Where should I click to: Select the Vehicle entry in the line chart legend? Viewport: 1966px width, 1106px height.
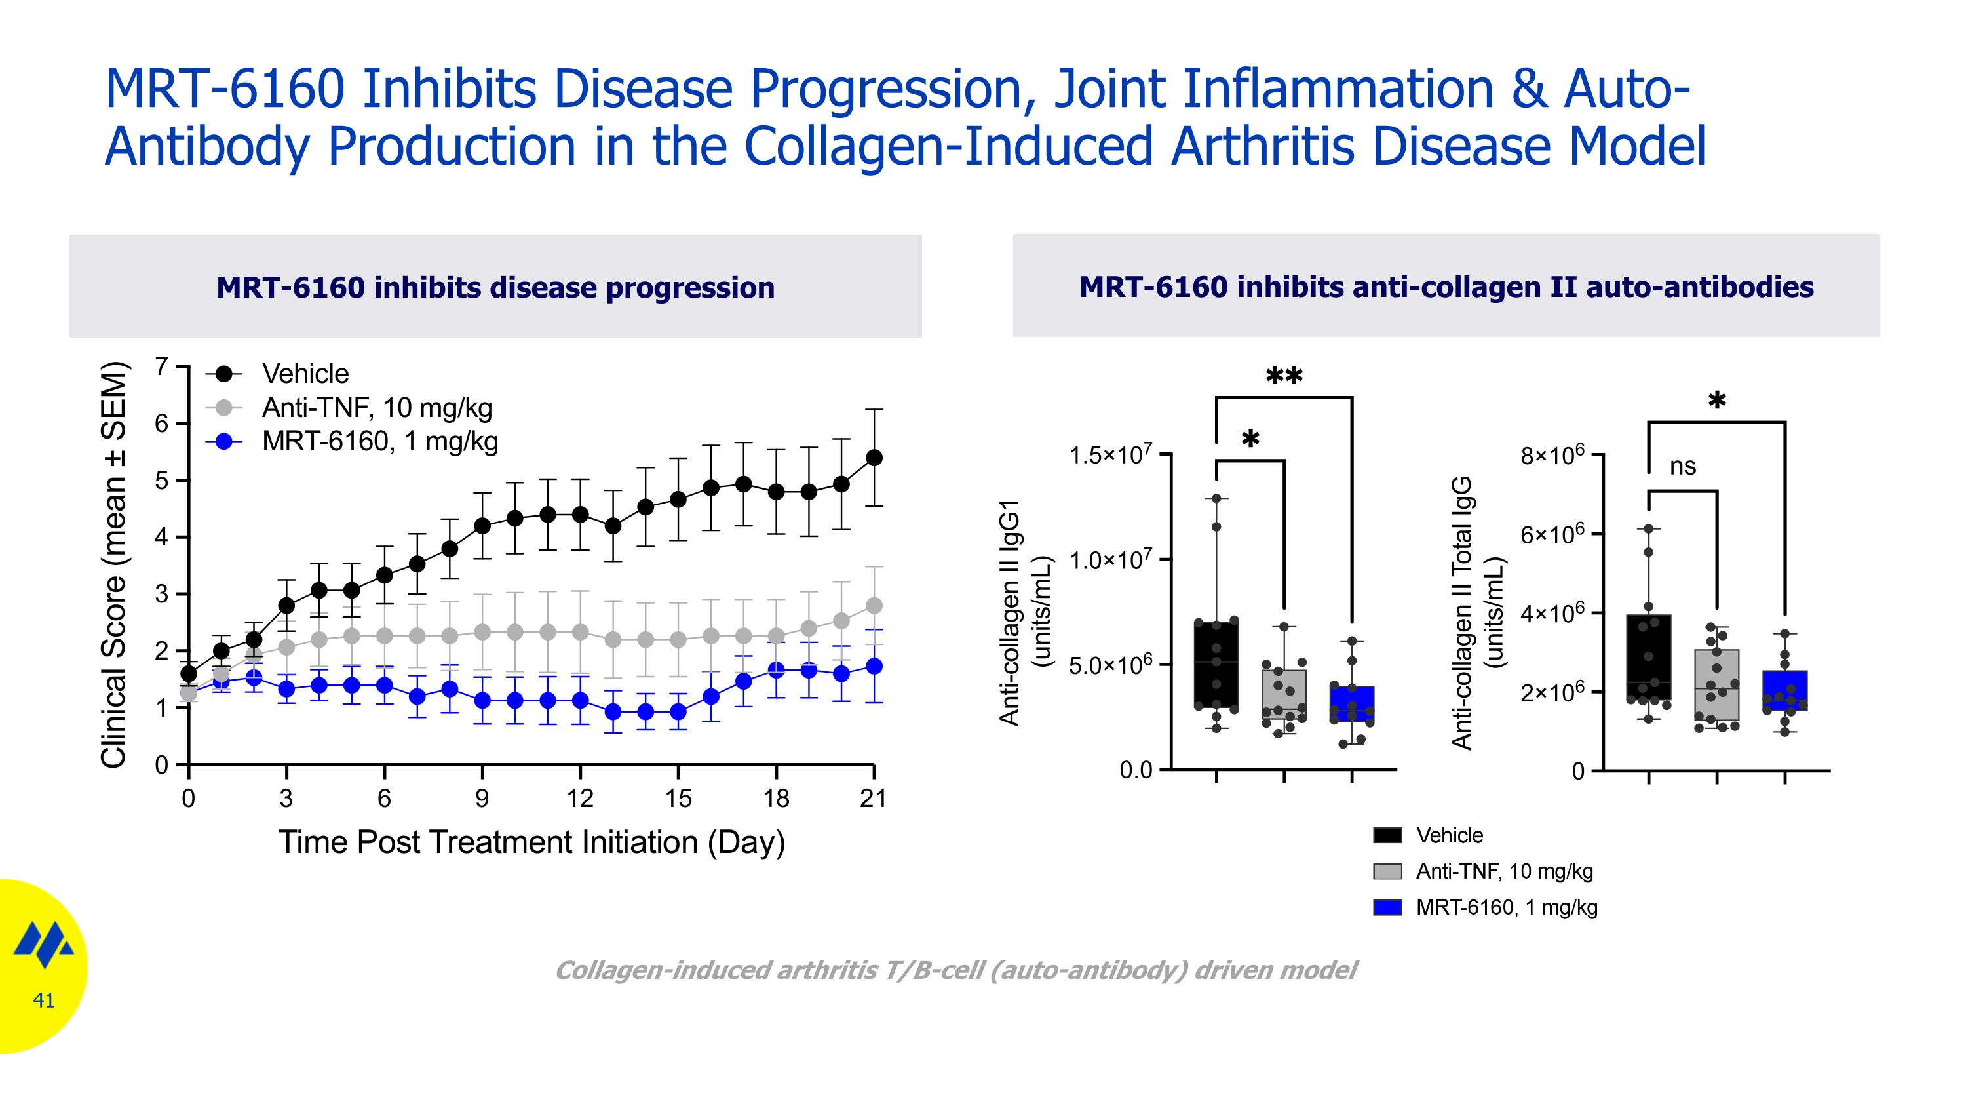tap(305, 374)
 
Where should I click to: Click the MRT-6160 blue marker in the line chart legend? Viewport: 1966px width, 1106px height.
tap(223, 441)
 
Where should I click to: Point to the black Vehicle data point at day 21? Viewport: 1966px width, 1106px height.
tap(875, 457)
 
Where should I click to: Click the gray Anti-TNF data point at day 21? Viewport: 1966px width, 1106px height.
tap(875, 605)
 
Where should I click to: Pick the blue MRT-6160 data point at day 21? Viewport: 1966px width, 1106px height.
tap(875, 666)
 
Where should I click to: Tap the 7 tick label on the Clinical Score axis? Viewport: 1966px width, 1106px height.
tap(161, 366)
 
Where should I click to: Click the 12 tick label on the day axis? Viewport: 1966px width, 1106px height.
tap(580, 799)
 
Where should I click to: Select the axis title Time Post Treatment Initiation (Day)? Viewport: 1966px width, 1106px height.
tap(531, 842)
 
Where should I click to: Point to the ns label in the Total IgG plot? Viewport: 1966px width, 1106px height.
tap(1682, 465)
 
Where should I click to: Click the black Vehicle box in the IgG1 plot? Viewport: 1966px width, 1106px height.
tap(1216, 664)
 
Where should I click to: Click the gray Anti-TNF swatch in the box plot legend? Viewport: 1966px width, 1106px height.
tap(1387, 871)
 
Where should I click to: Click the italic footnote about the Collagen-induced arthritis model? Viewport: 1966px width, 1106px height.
tap(955, 970)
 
